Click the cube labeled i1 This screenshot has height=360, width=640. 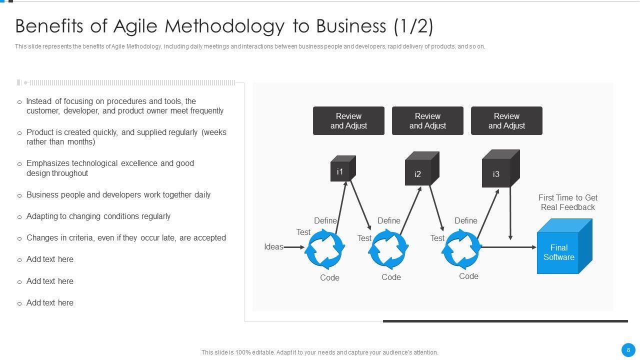pos(342,169)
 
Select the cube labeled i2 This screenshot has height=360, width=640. pos(420,170)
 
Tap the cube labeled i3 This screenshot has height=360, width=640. pos(499,170)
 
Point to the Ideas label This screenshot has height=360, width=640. pos(273,246)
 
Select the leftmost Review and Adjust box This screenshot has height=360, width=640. pos(348,121)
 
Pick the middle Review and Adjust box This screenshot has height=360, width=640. pos(427,121)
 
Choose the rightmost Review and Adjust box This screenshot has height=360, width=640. pos(506,121)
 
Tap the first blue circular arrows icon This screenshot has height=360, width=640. pos(325,248)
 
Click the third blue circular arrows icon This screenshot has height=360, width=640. pos(461,248)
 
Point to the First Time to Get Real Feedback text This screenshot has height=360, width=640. pos(567,202)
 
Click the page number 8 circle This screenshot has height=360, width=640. pos(628,350)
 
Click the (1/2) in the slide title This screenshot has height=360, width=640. pos(413,26)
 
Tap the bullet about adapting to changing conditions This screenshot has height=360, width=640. pos(98,216)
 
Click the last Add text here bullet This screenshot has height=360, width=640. pos(50,303)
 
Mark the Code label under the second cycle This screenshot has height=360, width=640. pos(391,277)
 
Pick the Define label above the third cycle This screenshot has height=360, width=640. pos(465,220)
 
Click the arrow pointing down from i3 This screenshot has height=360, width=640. pos(510,212)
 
